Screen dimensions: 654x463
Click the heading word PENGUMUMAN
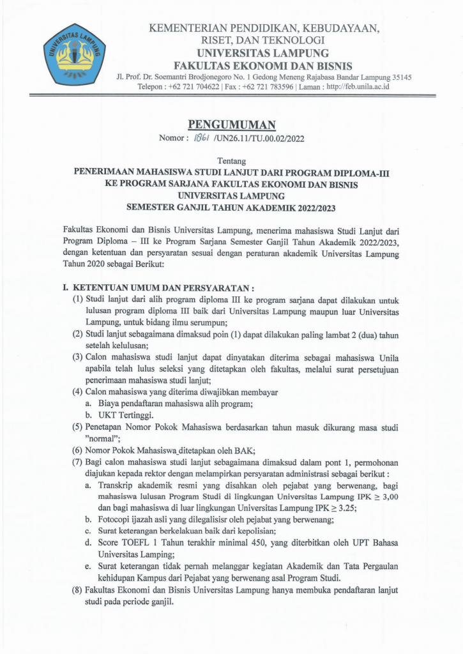[231, 125]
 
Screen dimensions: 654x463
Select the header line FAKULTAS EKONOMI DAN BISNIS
[263, 66]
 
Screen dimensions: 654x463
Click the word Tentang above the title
[231, 160]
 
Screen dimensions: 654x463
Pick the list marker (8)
[76, 591]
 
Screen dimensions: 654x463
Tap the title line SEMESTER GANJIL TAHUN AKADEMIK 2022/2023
[231, 207]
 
